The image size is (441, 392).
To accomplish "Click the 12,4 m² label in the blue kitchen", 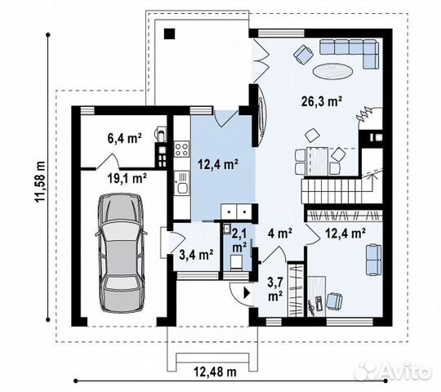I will click(218, 164).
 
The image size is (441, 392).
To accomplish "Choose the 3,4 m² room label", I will click(196, 254).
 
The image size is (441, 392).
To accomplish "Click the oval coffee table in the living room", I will click(335, 70).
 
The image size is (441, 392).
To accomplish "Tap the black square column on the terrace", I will click(169, 33).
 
